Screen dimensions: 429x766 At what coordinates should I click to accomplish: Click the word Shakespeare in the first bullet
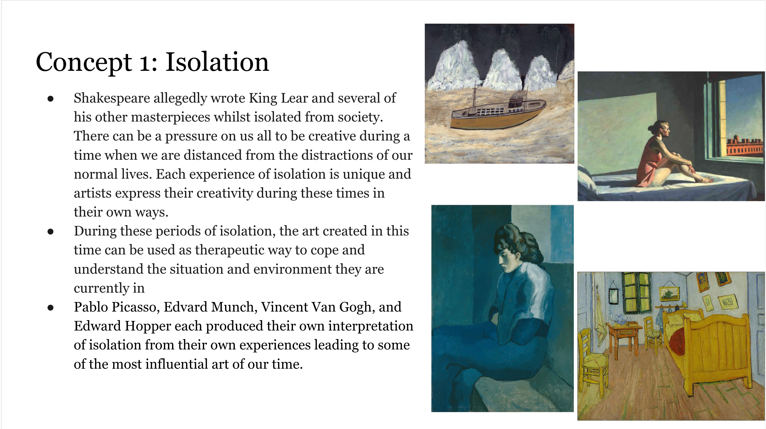[112, 98]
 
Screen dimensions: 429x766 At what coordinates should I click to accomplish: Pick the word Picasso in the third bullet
[136, 307]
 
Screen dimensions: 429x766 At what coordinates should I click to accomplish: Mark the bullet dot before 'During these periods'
[50, 231]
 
